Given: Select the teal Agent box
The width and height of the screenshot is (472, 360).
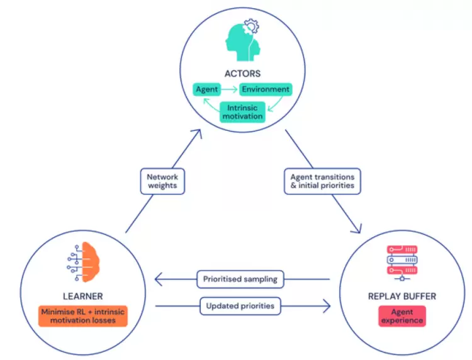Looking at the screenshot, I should point(206,90).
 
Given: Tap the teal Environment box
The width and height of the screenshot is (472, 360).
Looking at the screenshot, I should point(266,90).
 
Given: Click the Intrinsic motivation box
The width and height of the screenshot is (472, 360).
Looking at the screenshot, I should point(242,112).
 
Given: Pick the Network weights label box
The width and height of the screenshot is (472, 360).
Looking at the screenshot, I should point(163,182).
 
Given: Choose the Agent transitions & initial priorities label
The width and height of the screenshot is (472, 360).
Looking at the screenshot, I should point(322,181).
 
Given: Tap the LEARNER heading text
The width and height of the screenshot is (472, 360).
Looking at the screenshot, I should point(83,296).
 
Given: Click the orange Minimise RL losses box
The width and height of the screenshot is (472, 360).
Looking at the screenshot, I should point(83,315).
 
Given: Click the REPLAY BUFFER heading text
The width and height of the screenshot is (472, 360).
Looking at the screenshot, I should point(402,296).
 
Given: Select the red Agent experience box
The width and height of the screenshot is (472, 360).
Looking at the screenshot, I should point(402,315).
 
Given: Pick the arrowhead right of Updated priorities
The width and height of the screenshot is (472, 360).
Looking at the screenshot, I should point(326,307).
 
